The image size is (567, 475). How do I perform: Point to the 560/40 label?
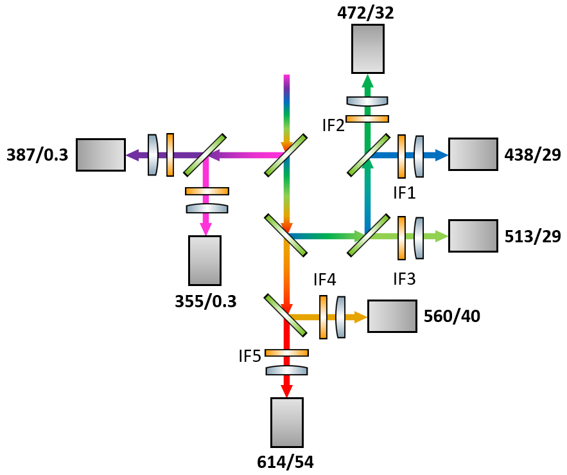tap(451, 316)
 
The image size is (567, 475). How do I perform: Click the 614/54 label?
tap(286, 461)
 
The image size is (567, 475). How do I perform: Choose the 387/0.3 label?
tap(37, 154)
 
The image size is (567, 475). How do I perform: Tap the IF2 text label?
tap(333, 125)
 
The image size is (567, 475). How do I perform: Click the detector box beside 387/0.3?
tap(100, 154)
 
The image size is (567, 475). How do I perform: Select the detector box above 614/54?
tap(286, 422)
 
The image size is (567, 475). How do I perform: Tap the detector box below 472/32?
tap(368, 48)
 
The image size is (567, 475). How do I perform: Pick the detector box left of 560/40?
tap(392, 316)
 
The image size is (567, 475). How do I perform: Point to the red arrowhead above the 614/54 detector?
tap(286, 390)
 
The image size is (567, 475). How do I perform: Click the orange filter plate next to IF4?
tap(323, 316)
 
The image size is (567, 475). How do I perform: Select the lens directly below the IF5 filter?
tap(286, 370)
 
